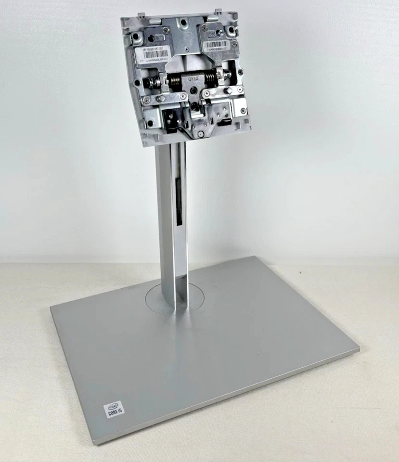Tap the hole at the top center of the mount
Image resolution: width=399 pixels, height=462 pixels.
183,22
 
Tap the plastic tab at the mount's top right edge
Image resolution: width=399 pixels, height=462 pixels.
217,11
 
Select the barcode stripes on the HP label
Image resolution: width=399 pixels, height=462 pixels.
156,54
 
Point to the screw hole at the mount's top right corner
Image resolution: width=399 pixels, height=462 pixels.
232,29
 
